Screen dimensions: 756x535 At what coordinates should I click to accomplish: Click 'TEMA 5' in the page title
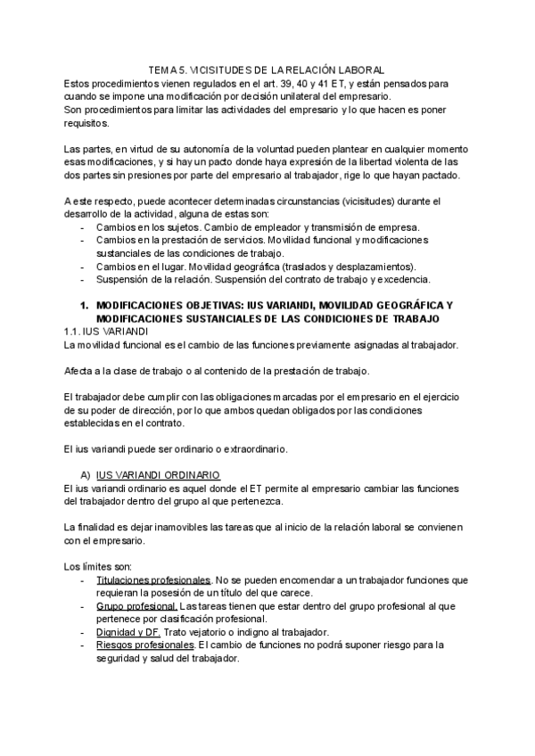click(165, 70)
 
